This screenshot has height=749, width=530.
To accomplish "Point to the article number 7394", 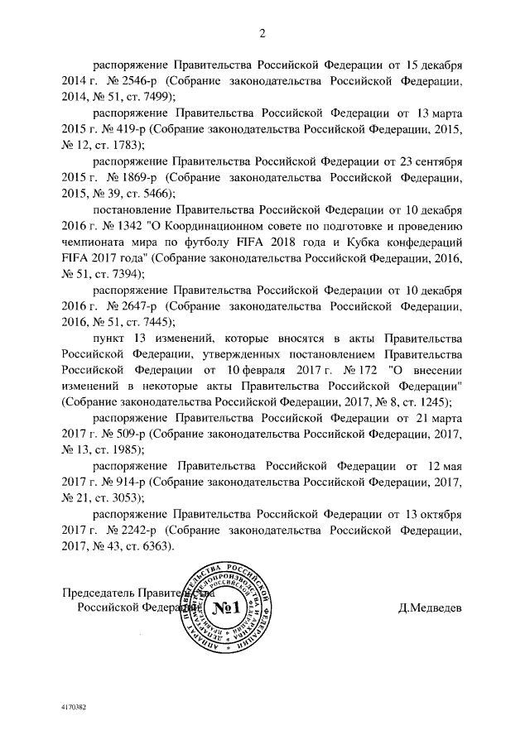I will point(124,274).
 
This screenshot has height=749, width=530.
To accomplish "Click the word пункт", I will point(108,338).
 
